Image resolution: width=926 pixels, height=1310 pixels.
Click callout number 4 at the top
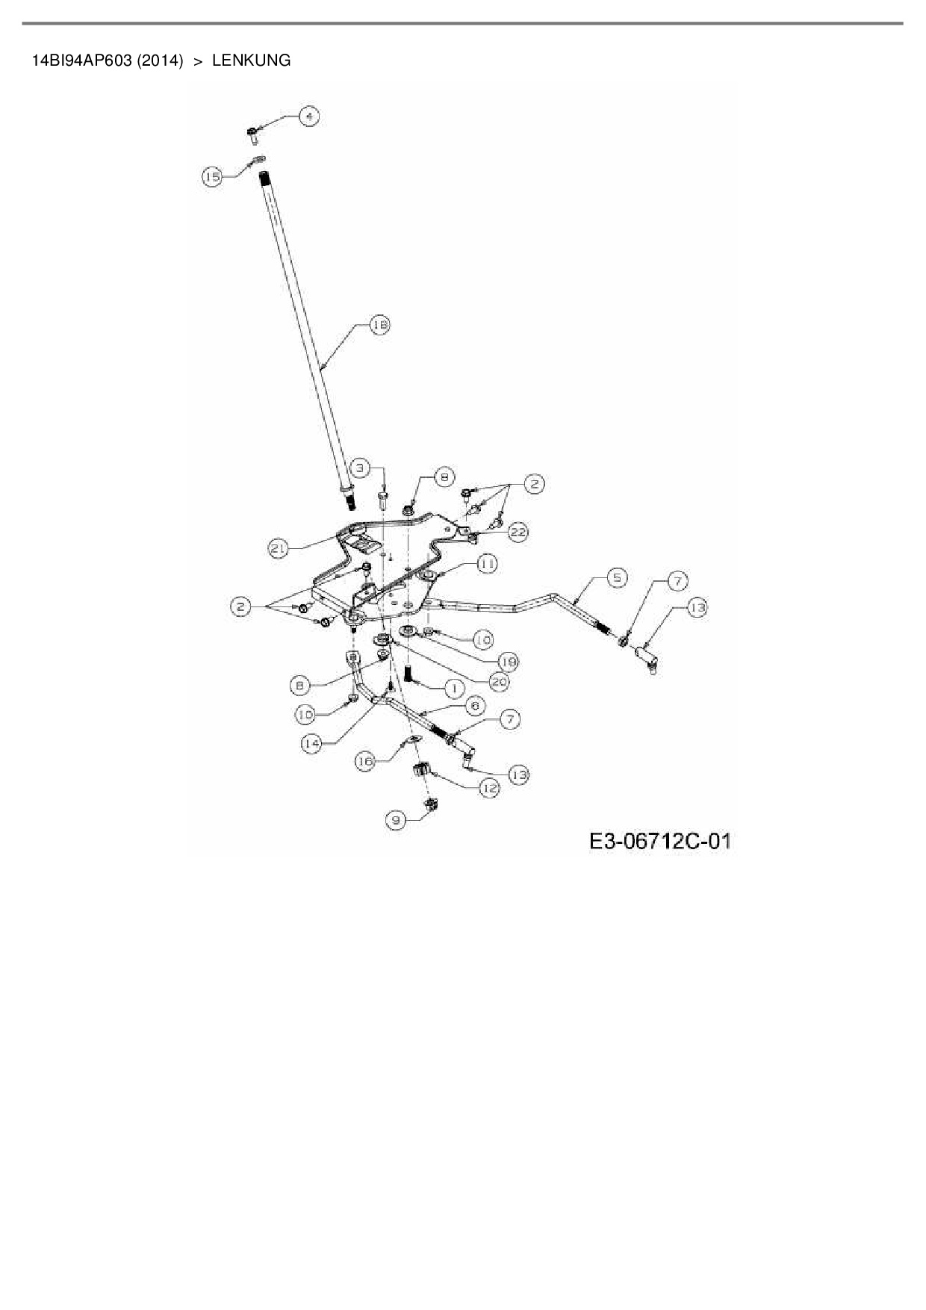308,116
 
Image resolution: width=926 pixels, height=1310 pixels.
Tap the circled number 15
213,176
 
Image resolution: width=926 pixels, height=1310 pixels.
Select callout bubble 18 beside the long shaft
380,325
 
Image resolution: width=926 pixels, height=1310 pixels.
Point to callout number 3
361,468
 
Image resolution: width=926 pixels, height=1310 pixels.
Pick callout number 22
518,532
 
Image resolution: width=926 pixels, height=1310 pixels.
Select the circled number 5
616,577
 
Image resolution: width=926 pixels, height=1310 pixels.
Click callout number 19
509,661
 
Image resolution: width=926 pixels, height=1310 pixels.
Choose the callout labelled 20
499,680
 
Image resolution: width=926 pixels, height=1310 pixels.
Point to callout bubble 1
454,687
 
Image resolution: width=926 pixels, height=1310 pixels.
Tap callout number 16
365,761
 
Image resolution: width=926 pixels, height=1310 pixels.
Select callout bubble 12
488,787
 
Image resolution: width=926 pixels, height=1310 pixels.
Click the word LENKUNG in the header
252,60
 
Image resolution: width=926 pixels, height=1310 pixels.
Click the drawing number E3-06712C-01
659,842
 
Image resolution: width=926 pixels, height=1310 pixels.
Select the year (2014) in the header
161,60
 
